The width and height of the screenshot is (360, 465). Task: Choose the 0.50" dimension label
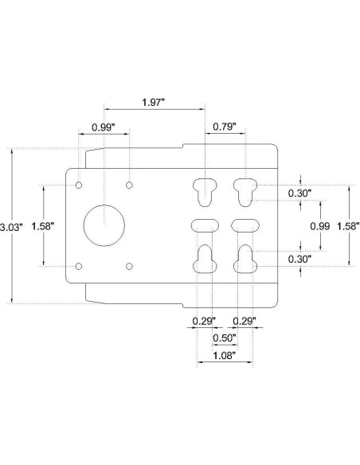225,338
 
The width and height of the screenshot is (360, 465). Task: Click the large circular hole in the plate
104,225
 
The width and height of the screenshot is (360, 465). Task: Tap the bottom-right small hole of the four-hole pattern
128,266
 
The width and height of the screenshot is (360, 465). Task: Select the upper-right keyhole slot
245,190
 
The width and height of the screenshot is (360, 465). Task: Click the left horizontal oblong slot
205,225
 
